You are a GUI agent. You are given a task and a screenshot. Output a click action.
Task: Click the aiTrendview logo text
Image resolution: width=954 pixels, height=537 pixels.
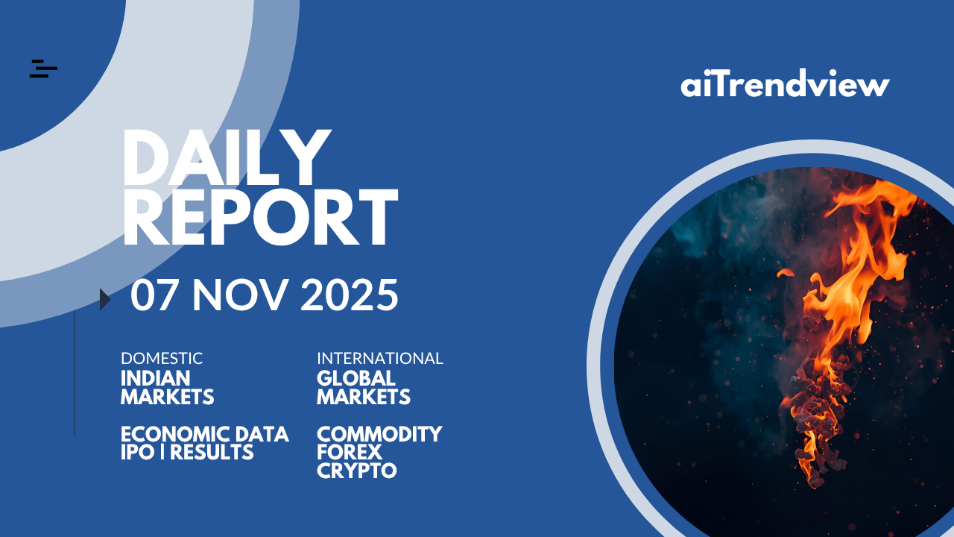[x=785, y=83]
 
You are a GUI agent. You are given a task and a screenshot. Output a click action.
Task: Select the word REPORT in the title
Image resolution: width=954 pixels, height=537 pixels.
[x=260, y=217]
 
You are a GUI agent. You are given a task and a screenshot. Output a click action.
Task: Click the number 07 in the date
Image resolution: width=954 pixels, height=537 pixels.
[x=153, y=295]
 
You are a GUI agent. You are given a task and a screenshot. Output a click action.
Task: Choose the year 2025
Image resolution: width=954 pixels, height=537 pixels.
[x=350, y=295]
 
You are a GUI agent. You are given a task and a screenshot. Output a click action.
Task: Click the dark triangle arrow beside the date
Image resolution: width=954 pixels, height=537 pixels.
[x=105, y=299]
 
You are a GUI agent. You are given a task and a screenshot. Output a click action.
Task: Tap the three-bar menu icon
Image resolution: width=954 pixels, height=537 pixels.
[x=43, y=69]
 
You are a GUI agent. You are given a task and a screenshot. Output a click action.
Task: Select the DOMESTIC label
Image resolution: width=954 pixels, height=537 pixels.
[x=162, y=359]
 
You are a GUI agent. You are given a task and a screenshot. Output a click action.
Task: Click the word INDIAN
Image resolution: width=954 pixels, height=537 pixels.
[x=156, y=378]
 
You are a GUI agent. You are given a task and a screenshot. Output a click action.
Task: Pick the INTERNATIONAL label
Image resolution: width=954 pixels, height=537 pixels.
[x=380, y=359]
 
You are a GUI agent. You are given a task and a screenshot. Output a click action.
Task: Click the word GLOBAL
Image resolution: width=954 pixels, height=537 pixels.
[x=356, y=378]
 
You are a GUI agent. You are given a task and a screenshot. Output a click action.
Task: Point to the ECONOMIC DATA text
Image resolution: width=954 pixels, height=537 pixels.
[x=205, y=434]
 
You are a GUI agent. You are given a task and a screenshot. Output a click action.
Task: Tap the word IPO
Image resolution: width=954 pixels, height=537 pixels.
[x=138, y=452]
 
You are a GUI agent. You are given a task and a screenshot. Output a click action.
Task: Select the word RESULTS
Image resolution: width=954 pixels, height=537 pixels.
[x=212, y=452]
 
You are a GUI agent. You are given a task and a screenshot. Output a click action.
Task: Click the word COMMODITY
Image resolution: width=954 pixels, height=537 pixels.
[x=379, y=434]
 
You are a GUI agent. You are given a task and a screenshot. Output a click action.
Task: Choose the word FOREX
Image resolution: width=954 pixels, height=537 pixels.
[x=350, y=452]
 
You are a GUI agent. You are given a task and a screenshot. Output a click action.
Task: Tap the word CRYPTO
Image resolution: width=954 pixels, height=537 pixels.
[x=357, y=471]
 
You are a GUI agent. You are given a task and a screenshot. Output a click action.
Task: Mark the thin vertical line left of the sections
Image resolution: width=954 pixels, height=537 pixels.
[x=75, y=373]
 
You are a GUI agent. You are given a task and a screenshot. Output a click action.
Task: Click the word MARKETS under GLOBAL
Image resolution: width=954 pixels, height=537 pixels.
[x=364, y=398]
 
